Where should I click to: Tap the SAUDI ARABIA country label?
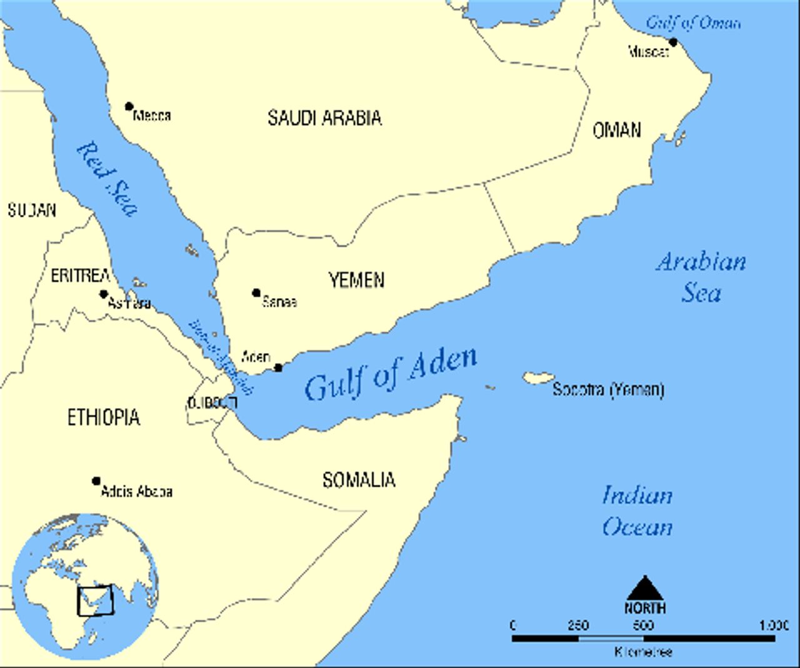tap(324, 117)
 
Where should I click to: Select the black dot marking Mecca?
tap(129, 107)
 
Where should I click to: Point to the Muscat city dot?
tap(673, 42)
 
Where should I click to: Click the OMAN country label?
tap(616, 130)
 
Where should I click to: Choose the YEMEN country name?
tap(356, 280)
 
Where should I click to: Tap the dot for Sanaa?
tap(256, 292)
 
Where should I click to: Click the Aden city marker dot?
tap(279, 367)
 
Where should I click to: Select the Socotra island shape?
tap(538, 378)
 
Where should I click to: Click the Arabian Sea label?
tap(701, 277)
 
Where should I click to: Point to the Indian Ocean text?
tap(637, 511)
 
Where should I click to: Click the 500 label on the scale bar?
tap(643, 625)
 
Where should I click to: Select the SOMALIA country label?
tap(359, 480)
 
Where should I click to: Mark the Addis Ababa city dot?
tap(96, 481)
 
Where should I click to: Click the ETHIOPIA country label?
tap(104, 417)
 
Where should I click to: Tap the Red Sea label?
tap(107, 179)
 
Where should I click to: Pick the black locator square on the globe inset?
tap(95, 600)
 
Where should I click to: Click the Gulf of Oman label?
tap(693, 23)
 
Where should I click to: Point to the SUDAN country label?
tap(32, 210)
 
